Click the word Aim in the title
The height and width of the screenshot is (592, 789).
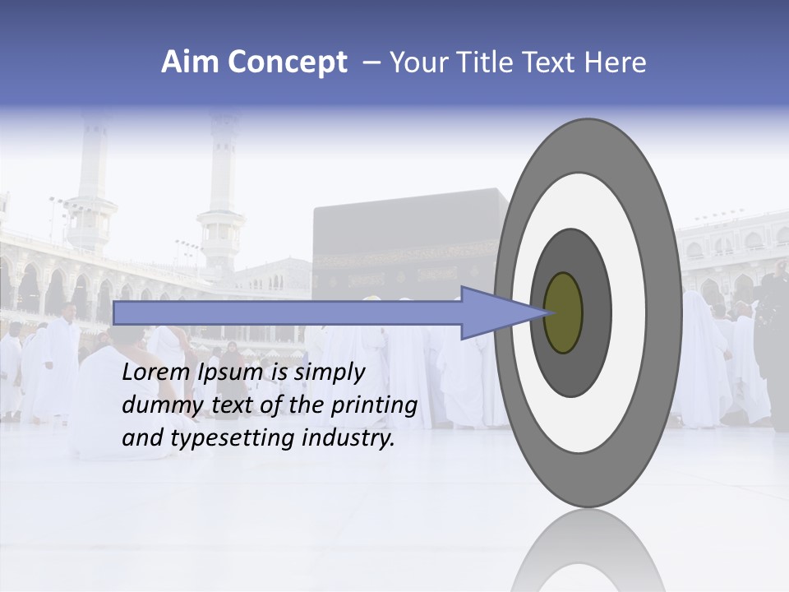point(191,62)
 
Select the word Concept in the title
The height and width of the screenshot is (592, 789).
point(288,63)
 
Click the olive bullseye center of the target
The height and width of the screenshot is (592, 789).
point(564,313)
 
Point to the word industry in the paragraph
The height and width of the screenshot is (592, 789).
point(348,438)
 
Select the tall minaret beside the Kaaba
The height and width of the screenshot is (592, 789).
point(223,189)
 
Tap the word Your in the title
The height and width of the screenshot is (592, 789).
point(416,62)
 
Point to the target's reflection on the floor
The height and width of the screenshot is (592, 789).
point(588,551)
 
